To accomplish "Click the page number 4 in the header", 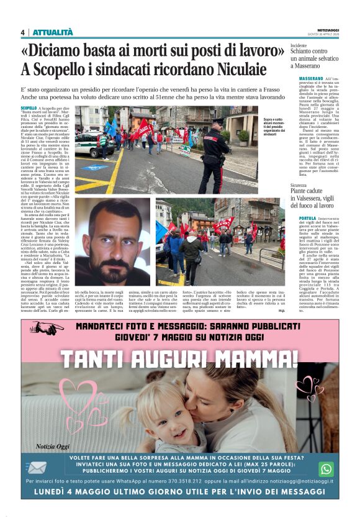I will (23, 32).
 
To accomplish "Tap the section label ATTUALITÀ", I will (52, 32).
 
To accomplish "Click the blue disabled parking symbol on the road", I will (93, 167).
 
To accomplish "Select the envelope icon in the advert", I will (37, 467).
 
